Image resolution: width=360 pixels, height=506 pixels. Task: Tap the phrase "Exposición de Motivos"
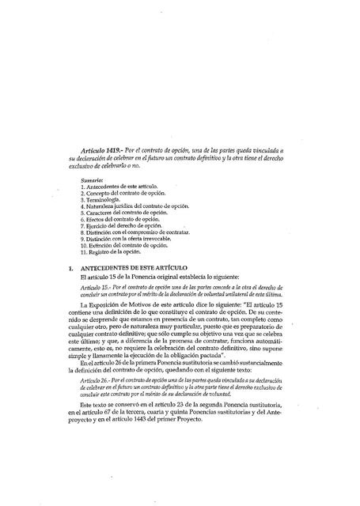point(135,305)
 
